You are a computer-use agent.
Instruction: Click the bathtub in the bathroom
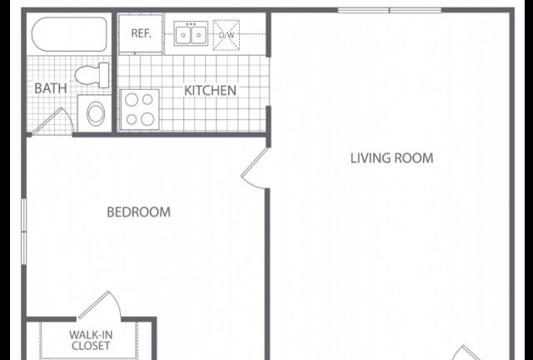69,34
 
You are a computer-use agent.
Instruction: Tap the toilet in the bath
92,75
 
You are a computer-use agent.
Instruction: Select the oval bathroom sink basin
96,113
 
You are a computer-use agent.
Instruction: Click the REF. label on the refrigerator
141,33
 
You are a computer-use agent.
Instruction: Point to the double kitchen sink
191,33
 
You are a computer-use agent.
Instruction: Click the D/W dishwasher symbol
226,35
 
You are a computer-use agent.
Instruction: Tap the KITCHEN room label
210,91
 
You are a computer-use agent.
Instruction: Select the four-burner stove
140,109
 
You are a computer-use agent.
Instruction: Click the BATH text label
51,88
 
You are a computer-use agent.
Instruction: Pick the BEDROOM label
139,212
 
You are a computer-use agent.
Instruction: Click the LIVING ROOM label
392,158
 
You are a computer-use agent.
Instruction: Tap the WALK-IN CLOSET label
91,340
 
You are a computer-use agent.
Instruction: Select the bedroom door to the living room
255,168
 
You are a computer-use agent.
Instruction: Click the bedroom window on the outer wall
24,232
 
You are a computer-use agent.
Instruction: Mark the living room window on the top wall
390,11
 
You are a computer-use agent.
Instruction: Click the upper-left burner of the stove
132,100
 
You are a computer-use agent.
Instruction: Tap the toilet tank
104,75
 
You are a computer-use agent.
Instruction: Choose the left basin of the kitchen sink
183,35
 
